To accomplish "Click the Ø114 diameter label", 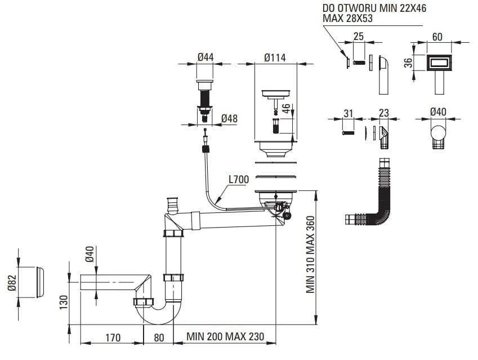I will tap(275, 57).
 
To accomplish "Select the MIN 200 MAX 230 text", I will tap(225, 337).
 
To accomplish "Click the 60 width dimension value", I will tap(437, 37).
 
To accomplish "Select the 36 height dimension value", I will tap(410, 62).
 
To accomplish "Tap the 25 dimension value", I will tap(358, 37).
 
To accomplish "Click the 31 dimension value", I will tap(348, 113).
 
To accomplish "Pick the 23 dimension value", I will tap(384, 113).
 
